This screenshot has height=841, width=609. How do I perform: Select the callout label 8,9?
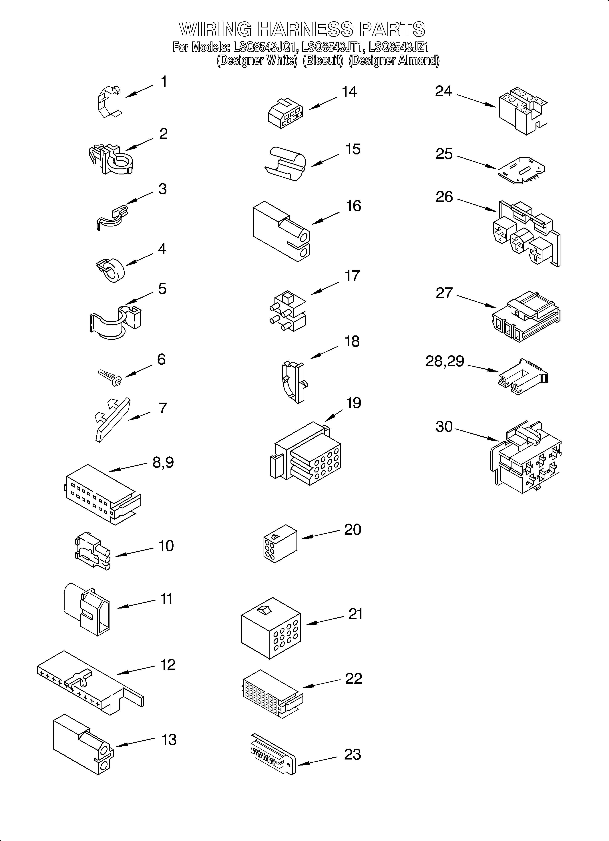point(163,462)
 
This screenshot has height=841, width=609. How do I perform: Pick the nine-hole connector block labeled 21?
point(271,628)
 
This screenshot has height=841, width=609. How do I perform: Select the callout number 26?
point(444,197)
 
